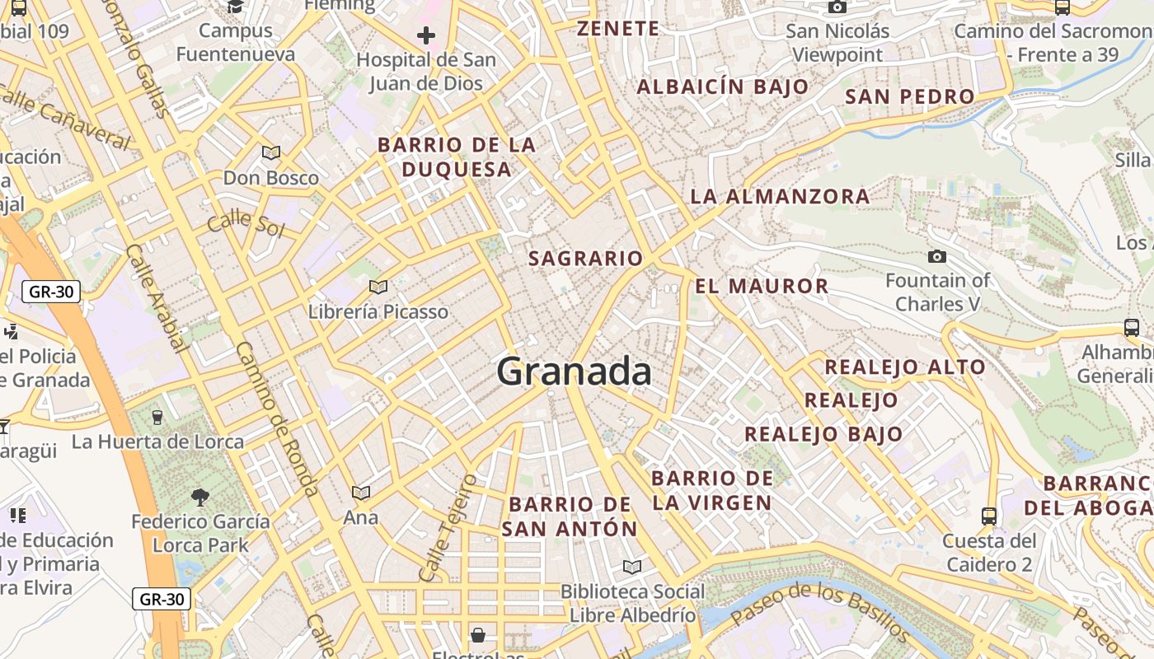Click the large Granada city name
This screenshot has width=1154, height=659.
[x=574, y=372]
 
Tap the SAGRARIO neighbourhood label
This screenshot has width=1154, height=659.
[x=585, y=259]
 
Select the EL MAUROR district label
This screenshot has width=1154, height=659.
[x=762, y=287]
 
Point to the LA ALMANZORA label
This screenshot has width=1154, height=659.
[x=780, y=197]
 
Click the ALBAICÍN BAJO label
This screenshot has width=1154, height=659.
[x=723, y=87]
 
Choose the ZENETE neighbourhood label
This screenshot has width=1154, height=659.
[x=618, y=29]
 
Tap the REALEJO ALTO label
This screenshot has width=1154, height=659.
[x=905, y=367]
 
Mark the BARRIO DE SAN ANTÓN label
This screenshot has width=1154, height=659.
[x=570, y=516]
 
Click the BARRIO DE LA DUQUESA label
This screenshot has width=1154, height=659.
[x=457, y=157]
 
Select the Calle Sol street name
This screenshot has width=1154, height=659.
[x=245, y=222]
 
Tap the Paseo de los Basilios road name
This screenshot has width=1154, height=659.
[x=819, y=612]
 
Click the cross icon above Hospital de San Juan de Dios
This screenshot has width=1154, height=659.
[x=426, y=35]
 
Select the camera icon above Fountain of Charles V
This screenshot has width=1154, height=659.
[x=936, y=257]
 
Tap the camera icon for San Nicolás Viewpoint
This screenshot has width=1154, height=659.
[x=837, y=7]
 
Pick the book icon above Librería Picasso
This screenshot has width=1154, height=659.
[x=378, y=287]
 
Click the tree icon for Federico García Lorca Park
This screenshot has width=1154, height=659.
[x=199, y=497]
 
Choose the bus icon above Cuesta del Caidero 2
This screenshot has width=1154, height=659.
[x=989, y=516]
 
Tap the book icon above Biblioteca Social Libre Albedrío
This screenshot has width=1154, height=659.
[x=632, y=567]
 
